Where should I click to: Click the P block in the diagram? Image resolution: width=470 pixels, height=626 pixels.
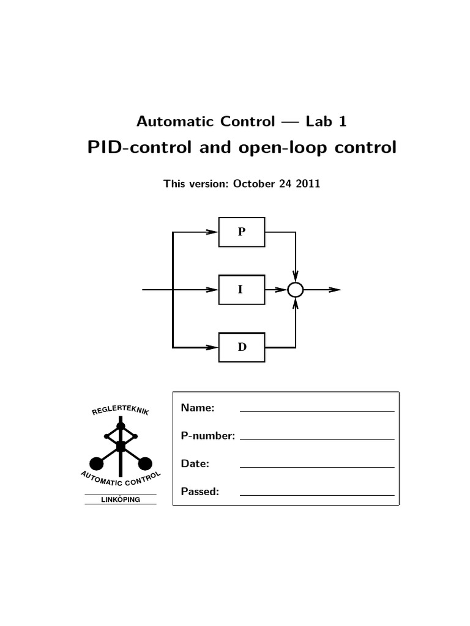[242, 232]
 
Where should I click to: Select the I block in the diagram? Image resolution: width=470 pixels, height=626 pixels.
[242, 290]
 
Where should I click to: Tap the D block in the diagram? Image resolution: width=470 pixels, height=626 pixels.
[242, 347]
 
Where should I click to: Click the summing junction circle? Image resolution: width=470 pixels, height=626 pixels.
[296, 290]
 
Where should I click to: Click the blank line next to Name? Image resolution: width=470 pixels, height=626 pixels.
[317, 411]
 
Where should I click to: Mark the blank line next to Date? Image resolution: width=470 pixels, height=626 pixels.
[317, 467]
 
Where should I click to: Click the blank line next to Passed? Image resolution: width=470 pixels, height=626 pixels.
[317, 495]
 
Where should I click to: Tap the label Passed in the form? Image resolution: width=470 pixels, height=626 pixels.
[200, 491]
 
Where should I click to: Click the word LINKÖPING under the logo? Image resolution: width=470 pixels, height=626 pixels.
[121, 500]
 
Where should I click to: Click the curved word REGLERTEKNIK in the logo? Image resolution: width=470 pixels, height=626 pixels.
[120, 410]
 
